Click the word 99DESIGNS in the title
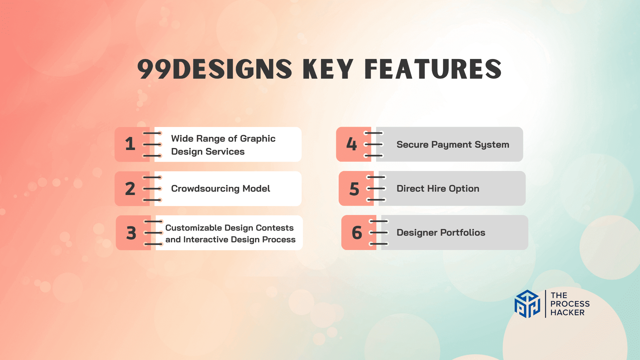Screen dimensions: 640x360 (215, 69)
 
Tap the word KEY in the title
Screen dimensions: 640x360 (328, 69)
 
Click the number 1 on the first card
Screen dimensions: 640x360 (130, 144)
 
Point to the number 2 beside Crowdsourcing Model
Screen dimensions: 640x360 (130, 189)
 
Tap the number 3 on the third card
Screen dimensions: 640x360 (131, 233)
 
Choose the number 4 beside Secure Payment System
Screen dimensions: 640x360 (352, 144)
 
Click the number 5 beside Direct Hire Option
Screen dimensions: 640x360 (354, 189)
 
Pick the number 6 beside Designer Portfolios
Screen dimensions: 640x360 (357, 233)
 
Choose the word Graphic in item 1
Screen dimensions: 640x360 (258, 139)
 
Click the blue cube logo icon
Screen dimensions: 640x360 (527, 304)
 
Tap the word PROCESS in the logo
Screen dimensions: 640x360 (570, 304)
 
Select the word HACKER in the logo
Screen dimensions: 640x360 (567, 312)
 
